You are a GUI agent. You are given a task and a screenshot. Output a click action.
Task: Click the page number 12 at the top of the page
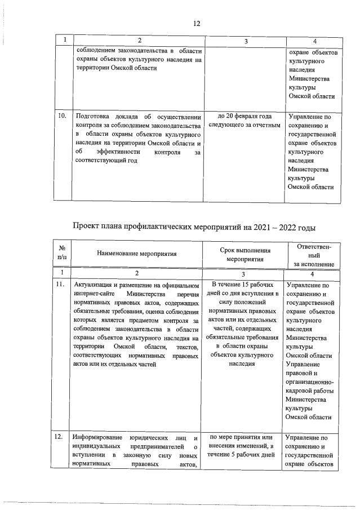point(196,24)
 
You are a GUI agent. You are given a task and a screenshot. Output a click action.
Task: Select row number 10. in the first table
point(63,116)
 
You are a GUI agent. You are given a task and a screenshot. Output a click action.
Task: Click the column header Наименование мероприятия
point(137,254)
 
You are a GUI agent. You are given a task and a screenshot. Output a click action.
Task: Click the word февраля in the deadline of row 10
point(240,116)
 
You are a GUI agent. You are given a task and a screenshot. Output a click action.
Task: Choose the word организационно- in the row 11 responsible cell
point(312,382)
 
